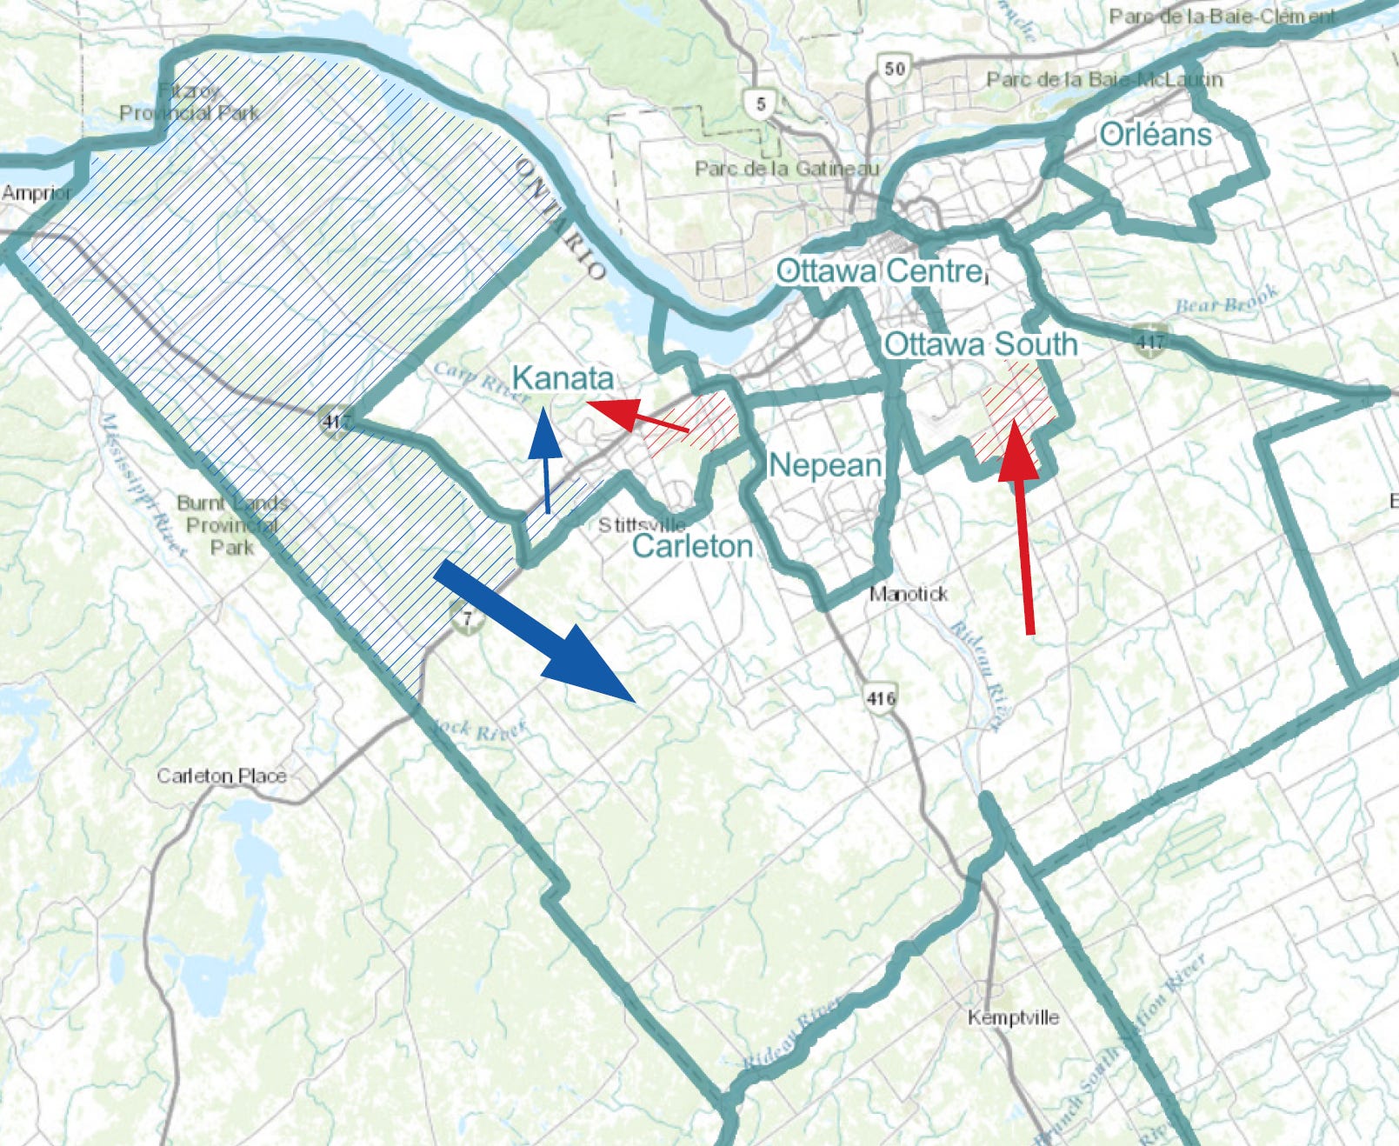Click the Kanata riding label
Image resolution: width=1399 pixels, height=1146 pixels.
point(563,378)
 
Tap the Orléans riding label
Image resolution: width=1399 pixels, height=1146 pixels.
point(1155,135)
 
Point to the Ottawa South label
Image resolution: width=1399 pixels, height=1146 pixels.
point(980,344)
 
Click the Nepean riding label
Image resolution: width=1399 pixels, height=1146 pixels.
point(824,465)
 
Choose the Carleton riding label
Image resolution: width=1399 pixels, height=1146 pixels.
point(692,546)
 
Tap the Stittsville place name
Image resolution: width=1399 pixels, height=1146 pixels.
point(642,525)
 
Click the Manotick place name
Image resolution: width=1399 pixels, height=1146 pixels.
point(909,594)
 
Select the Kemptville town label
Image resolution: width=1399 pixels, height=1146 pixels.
point(1013,1017)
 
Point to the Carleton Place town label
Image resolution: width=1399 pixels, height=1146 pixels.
point(221,776)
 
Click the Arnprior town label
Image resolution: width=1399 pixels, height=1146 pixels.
point(36,193)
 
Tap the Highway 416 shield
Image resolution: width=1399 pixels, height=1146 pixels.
point(880,697)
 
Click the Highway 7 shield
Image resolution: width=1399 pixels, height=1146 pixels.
point(467,619)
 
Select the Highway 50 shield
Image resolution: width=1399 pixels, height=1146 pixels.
point(894,68)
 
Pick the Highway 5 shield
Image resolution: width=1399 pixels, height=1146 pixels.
point(760,104)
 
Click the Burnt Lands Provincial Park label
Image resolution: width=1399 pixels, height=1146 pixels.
point(231,525)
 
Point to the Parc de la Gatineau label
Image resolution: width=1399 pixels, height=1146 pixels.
point(786,169)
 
